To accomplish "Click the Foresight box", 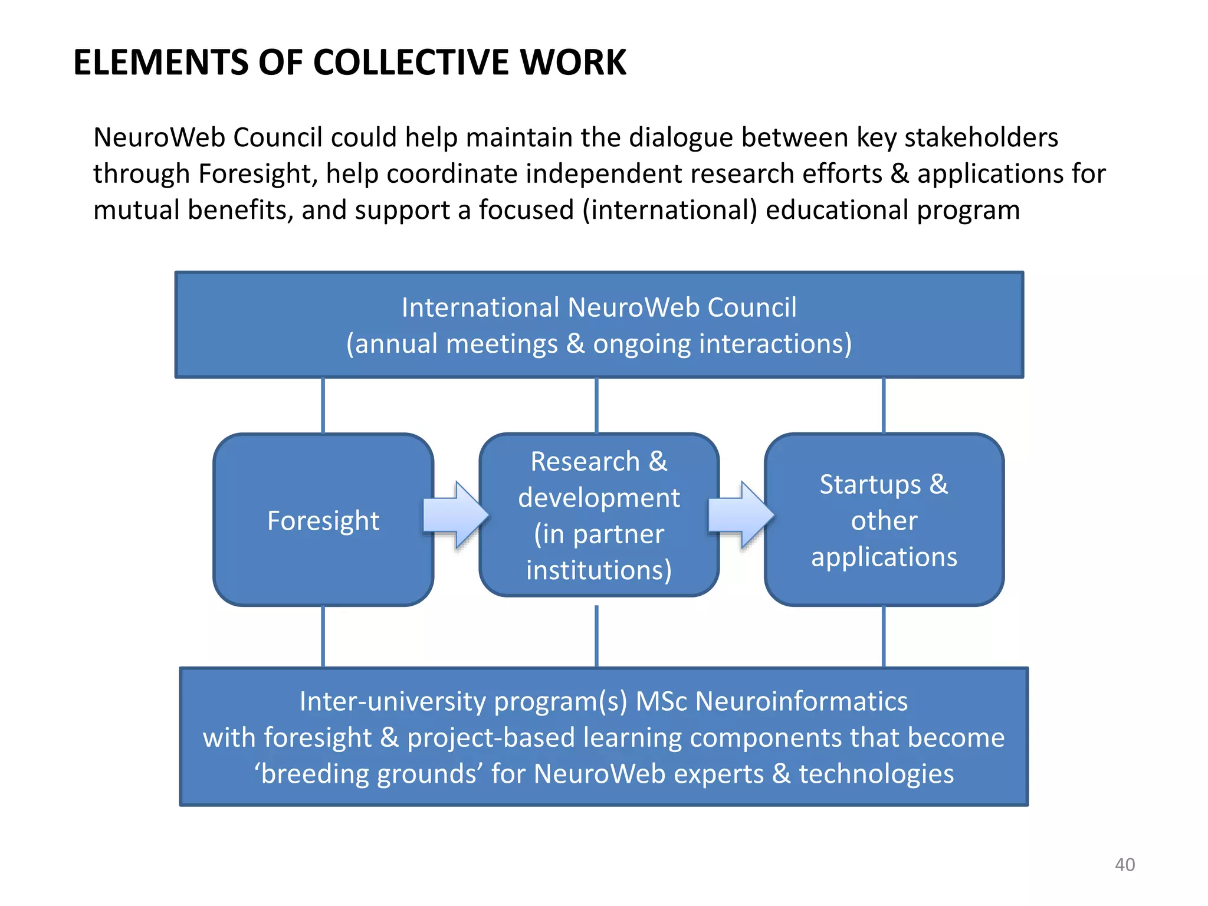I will pos(323,520).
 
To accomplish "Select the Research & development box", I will pos(599,515).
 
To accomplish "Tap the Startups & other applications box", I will pos(884,520).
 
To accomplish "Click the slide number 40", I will pos(1124,865).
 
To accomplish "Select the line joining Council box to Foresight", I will pos(323,406).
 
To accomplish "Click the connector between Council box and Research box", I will pos(597,406).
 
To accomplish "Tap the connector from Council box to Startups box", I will pos(883,406).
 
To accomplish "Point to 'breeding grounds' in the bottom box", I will pos(369,774).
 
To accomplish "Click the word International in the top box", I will pos(480,308).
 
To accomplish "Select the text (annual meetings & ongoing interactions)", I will pos(599,344).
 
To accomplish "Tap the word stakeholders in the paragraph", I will pos(981,137).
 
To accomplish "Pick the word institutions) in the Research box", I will pos(599,570).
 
